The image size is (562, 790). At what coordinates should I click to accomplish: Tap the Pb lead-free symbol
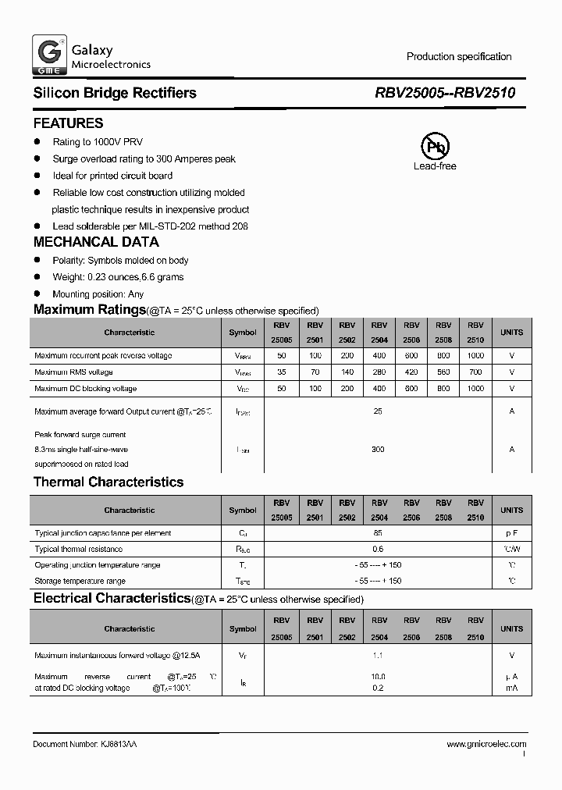click(x=435, y=146)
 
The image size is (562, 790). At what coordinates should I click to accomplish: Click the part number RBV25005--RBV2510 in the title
click(x=445, y=93)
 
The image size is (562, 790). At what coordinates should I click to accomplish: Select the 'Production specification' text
click(x=459, y=56)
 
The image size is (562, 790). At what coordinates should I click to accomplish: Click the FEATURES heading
click(x=68, y=123)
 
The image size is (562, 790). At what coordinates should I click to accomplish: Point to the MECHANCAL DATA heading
click(x=96, y=242)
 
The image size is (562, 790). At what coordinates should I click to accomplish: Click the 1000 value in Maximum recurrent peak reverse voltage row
click(x=475, y=356)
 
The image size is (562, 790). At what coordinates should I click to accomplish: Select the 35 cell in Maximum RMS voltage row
click(x=282, y=372)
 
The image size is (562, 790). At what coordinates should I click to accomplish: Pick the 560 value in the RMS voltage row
click(x=443, y=372)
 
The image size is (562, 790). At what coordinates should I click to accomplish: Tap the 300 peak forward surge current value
click(x=379, y=450)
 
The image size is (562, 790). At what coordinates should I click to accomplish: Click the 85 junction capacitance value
click(x=379, y=533)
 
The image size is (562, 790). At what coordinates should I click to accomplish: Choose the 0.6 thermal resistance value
click(x=379, y=550)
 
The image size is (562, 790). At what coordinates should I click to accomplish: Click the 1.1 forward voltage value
click(x=379, y=657)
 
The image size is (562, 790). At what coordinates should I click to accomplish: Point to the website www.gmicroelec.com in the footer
click(x=486, y=745)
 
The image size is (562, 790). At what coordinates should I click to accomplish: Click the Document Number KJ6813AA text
click(x=86, y=745)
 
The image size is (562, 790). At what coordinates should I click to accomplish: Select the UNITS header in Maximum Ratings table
click(x=512, y=333)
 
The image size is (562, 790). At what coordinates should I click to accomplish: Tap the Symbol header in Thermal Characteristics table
click(x=242, y=511)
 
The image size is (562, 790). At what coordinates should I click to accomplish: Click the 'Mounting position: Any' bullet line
click(x=98, y=294)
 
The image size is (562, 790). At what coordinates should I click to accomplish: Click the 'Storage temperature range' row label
click(x=80, y=582)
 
